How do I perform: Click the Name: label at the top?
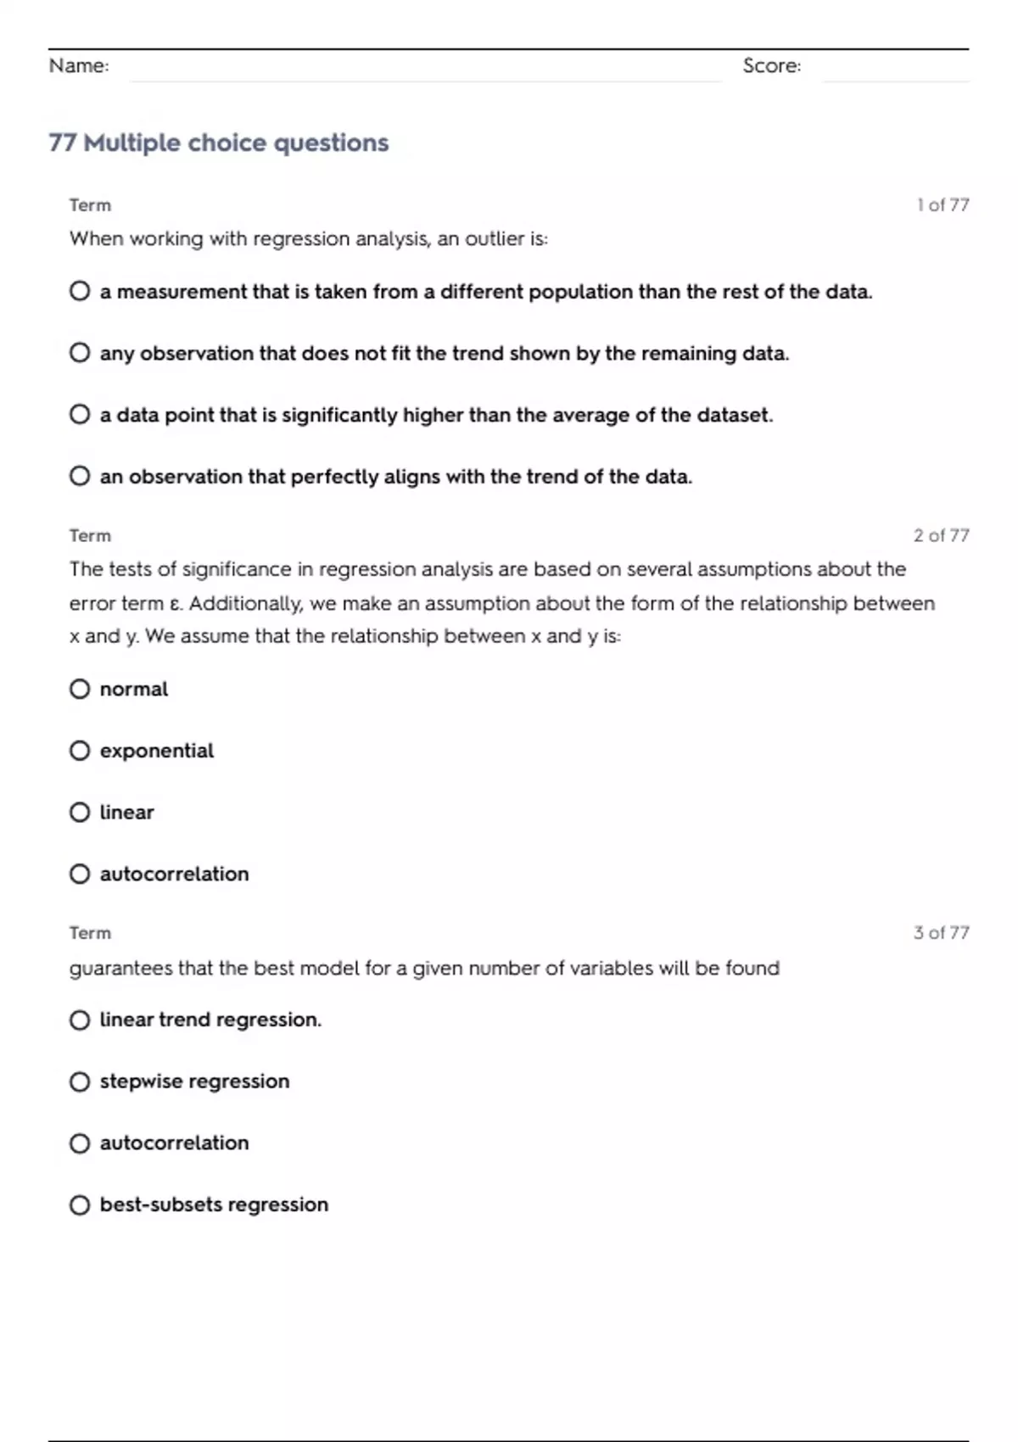coord(79,66)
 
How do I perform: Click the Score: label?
coord(771,66)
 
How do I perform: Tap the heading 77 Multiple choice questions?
coord(219,143)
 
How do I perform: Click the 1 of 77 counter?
coord(942,205)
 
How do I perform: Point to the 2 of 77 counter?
coord(941,535)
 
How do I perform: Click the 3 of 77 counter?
coord(941,933)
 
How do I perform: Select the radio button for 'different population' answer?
coord(80,292)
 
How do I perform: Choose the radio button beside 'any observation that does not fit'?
coord(80,353)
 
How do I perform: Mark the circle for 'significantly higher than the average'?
coord(80,415)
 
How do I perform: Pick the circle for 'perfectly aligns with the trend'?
coord(80,477)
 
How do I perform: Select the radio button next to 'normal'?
coord(80,689)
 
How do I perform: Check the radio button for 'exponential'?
coord(80,751)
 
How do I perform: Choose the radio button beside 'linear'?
coord(80,813)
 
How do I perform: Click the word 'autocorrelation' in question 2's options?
coord(174,875)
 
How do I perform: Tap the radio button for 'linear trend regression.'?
coord(80,1020)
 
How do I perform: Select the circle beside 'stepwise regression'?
coord(80,1081)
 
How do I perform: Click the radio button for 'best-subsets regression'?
coord(80,1205)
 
